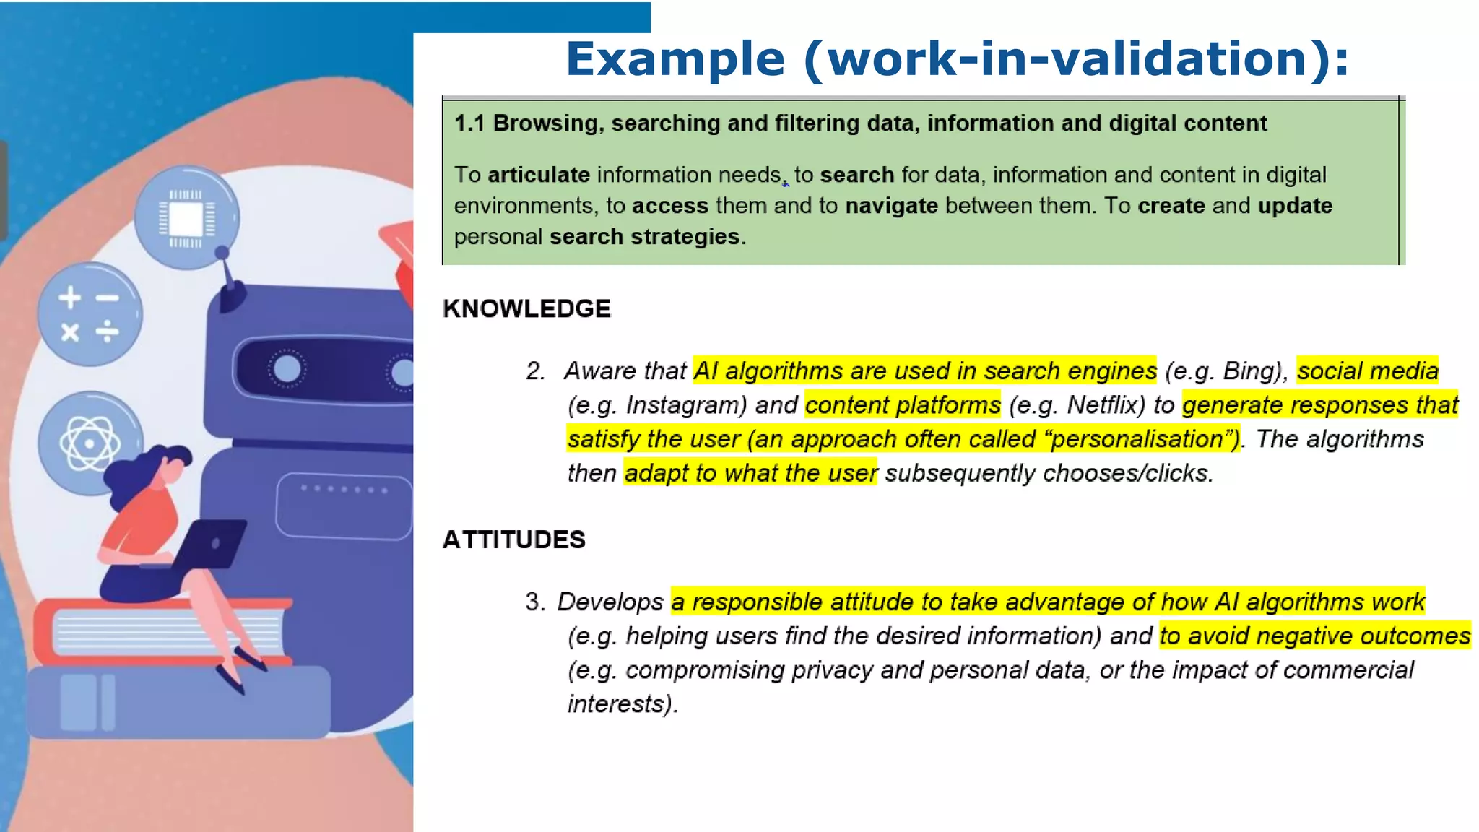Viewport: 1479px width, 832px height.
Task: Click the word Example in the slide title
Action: [675, 59]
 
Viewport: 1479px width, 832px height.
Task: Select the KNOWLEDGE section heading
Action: [526, 308]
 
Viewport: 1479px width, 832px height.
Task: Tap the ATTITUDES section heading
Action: [513, 539]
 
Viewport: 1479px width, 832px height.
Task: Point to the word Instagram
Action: [685, 405]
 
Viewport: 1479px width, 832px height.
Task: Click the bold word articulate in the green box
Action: [539, 175]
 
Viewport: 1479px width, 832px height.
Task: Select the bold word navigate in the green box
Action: [891, 206]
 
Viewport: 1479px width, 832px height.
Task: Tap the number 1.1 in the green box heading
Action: [469, 123]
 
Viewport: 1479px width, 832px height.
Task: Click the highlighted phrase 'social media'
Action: [1367, 371]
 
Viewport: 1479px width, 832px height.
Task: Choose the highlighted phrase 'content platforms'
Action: [903, 405]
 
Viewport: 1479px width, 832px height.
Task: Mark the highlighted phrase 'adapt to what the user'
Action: [750, 473]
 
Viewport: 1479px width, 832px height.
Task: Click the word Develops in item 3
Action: [610, 602]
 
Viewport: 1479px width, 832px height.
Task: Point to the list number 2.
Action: [535, 371]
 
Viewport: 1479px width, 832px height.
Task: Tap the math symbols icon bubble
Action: [90, 315]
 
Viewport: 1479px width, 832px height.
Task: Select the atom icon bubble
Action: [90, 443]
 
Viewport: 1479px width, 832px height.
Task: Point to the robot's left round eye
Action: [287, 369]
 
